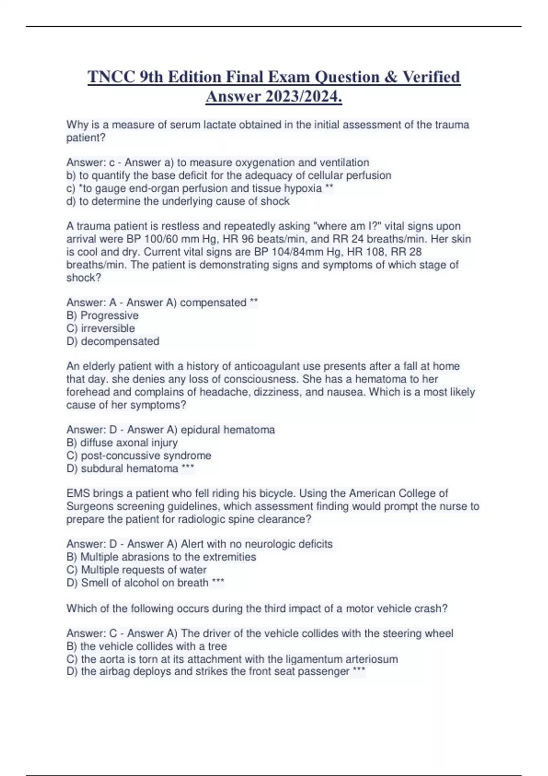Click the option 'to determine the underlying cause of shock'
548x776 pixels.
pyautogui.click(x=178, y=201)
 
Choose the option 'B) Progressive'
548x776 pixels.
pyautogui.click(x=102, y=315)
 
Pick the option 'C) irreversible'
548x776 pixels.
pyautogui.click(x=100, y=328)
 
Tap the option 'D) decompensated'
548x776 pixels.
pyautogui.click(x=113, y=341)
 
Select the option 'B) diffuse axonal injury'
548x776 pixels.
pyautogui.click(x=122, y=443)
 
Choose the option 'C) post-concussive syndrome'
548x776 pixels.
pyautogui.click(x=139, y=456)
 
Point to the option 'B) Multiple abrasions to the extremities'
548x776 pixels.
pyautogui.click(x=161, y=557)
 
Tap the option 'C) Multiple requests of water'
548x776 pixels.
pyautogui.click(x=137, y=570)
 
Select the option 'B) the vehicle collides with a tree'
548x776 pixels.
pyautogui.click(x=147, y=646)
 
